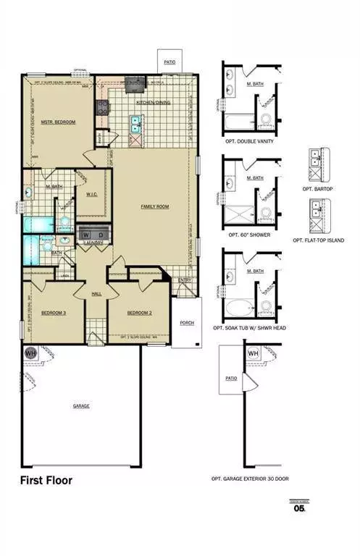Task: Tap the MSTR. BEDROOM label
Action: pos(58,122)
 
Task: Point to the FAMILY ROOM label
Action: pos(154,206)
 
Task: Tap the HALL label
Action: pos(96,293)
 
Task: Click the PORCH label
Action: pos(187,322)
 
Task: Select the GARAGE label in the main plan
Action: pos(81,405)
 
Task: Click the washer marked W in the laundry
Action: pos(87,235)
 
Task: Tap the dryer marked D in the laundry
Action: pos(101,235)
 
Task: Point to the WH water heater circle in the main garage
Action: pos(31,353)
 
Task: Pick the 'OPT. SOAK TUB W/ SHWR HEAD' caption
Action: pos(250,328)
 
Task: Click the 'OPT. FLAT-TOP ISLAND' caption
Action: pos(318,240)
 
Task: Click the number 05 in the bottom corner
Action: pos(298,508)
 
